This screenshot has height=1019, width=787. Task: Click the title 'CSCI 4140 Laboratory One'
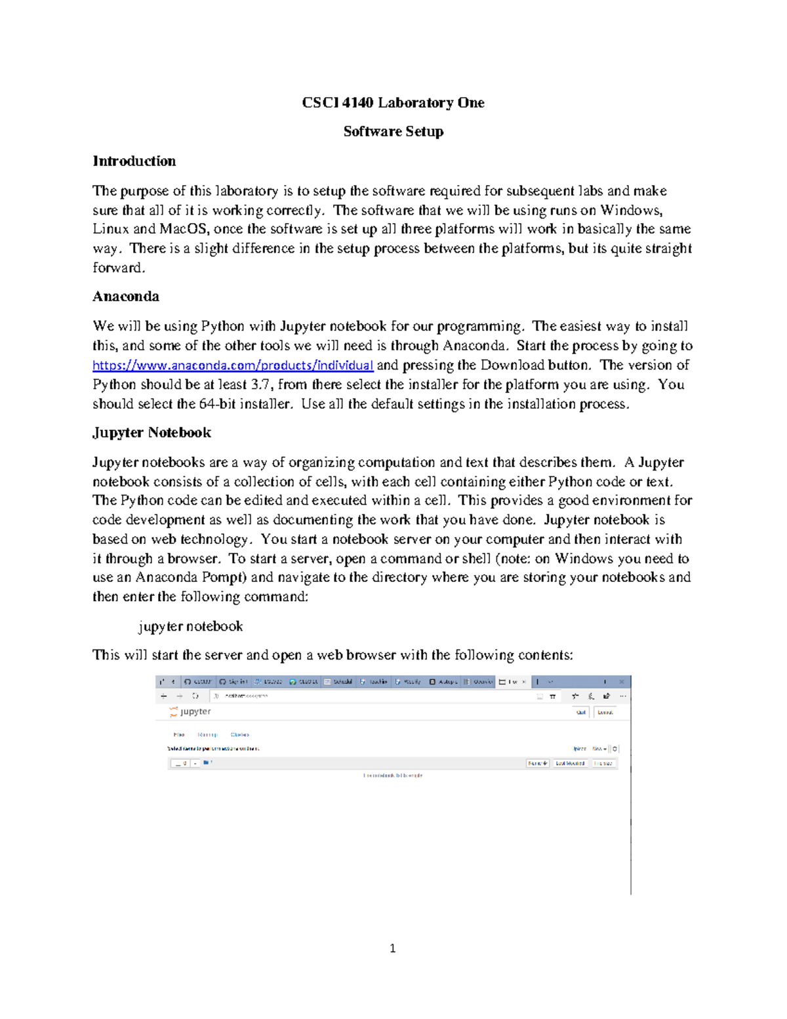[393, 103]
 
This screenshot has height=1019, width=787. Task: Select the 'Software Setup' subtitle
[393, 132]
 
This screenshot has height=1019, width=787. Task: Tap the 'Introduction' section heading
[134, 161]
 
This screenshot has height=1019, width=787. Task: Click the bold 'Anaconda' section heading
[125, 297]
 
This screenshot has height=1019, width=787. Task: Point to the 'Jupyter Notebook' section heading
[151, 432]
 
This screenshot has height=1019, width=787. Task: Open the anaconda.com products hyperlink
[233, 365]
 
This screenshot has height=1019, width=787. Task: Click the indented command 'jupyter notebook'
[190, 627]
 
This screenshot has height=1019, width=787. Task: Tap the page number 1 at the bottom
[392, 948]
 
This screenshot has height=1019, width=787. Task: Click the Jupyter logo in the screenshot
[190, 712]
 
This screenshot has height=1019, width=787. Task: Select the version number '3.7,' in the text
[262, 385]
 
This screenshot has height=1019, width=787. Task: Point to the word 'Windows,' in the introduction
[632, 211]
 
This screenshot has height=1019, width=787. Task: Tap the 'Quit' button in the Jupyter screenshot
[581, 713]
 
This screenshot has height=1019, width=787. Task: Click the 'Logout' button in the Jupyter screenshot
[605, 713]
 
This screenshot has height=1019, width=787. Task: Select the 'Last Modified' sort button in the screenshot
[570, 764]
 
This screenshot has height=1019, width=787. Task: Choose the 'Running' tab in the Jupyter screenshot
[207, 735]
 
